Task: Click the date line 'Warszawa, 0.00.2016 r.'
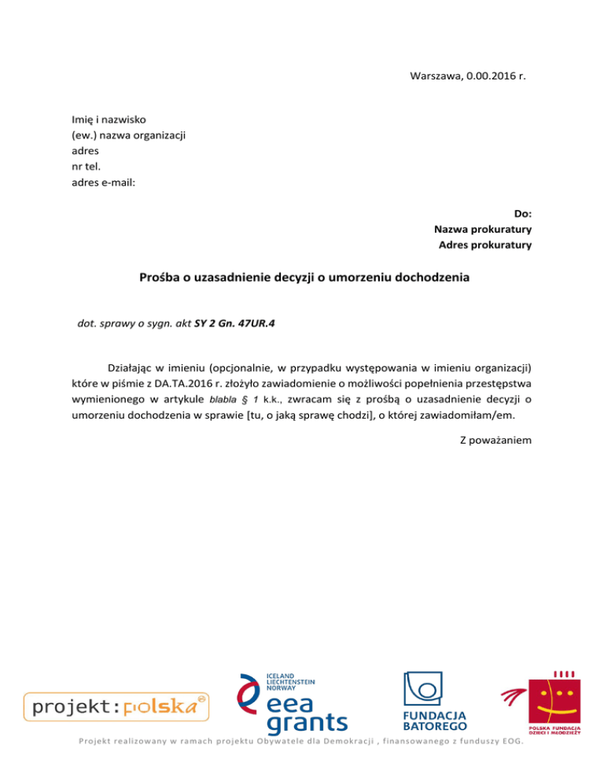click(468, 76)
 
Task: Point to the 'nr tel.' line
click(87, 167)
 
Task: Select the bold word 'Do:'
click(522, 213)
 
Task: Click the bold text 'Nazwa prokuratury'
click(483, 229)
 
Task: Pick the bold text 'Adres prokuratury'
click(484, 245)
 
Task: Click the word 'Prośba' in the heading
click(162, 277)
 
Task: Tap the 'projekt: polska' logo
click(116, 706)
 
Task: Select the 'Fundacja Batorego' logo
click(435, 700)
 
